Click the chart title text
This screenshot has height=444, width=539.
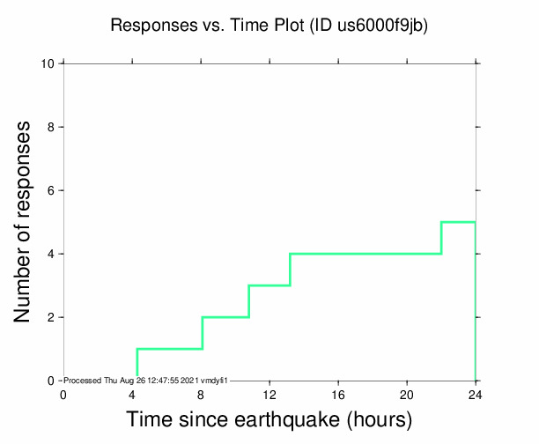[269, 26]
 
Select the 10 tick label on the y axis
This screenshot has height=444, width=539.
[49, 63]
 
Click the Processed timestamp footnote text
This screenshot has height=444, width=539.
[146, 380]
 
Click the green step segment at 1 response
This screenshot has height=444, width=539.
[169, 349]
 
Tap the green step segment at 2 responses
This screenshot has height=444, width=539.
[225, 317]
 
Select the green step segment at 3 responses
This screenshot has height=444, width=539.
[269, 285]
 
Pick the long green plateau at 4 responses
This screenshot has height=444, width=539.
[365, 254]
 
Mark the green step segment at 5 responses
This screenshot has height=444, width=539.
[458, 222]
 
